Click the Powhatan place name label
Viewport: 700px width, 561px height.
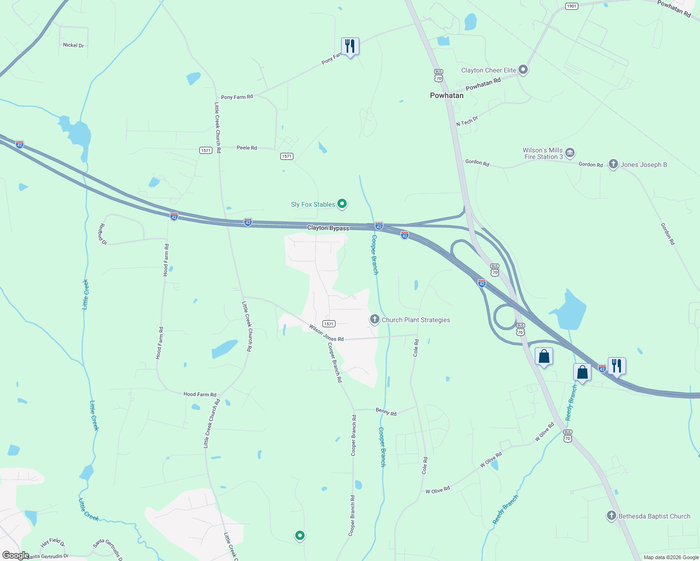click(446, 95)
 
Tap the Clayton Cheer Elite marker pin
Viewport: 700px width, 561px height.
click(523, 70)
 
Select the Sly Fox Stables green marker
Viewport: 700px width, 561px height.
click(342, 204)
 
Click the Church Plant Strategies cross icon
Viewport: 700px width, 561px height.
click(374, 320)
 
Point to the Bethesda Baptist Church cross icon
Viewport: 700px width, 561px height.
click(611, 516)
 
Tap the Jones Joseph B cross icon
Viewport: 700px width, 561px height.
click(613, 164)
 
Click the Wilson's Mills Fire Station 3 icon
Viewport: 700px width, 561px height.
click(569, 153)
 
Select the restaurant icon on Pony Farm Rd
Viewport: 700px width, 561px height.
click(350, 46)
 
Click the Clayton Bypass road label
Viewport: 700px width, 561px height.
click(328, 228)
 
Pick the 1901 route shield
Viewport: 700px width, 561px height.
click(571, 6)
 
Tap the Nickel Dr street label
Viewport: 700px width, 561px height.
click(73, 45)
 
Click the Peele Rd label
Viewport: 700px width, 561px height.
click(247, 148)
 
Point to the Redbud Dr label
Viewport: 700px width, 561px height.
click(102, 234)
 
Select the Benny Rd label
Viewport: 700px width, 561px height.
click(386, 412)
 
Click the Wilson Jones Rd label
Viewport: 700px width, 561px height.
click(326, 333)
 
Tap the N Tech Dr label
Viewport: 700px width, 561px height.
click(467, 122)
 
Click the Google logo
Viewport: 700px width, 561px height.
click(15, 555)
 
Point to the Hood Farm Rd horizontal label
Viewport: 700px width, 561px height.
click(200, 395)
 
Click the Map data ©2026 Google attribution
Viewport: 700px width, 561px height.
click(671, 557)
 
